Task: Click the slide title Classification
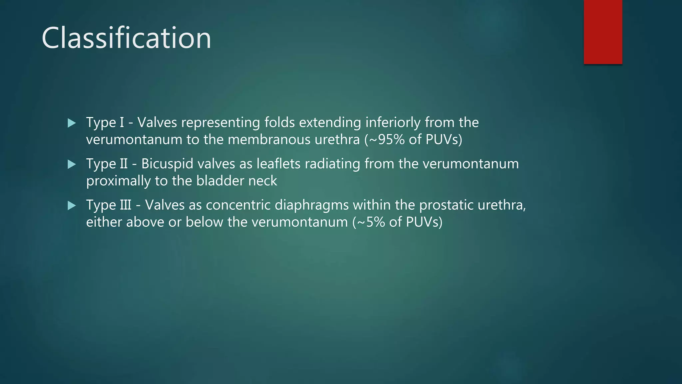click(x=126, y=38)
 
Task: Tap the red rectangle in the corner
click(x=603, y=32)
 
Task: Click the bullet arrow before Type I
click(x=72, y=123)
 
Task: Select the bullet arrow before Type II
click(x=72, y=164)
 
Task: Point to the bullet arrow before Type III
click(x=72, y=205)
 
